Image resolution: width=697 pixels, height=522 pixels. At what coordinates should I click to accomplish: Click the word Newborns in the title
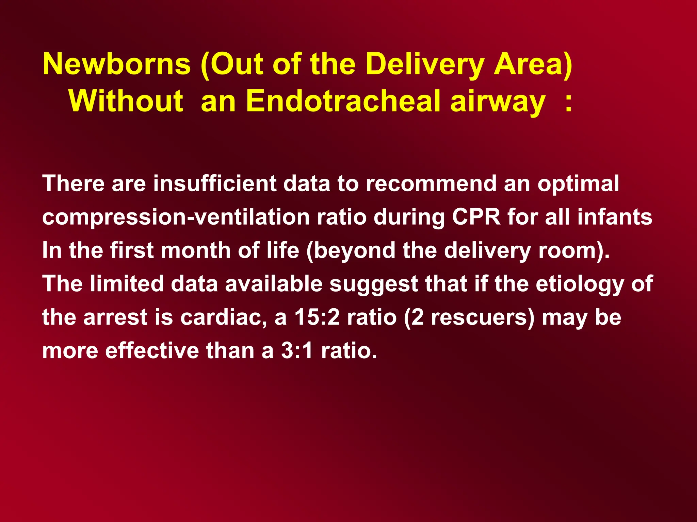click(117, 64)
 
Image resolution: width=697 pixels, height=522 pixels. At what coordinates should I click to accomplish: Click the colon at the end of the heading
click(568, 103)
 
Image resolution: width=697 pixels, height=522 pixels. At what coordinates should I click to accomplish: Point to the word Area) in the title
click(533, 64)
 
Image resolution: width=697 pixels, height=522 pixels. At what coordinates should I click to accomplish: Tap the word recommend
click(431, 184)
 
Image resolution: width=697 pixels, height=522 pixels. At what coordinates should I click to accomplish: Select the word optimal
click(578, 184)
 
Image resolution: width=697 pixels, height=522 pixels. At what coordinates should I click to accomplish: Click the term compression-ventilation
click(176, 217)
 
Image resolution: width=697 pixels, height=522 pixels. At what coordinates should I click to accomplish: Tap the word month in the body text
click(196, 250)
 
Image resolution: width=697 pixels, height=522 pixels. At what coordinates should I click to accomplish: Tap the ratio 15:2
click(317, 317)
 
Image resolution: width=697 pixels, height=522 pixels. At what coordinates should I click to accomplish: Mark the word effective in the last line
click(152, 350)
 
